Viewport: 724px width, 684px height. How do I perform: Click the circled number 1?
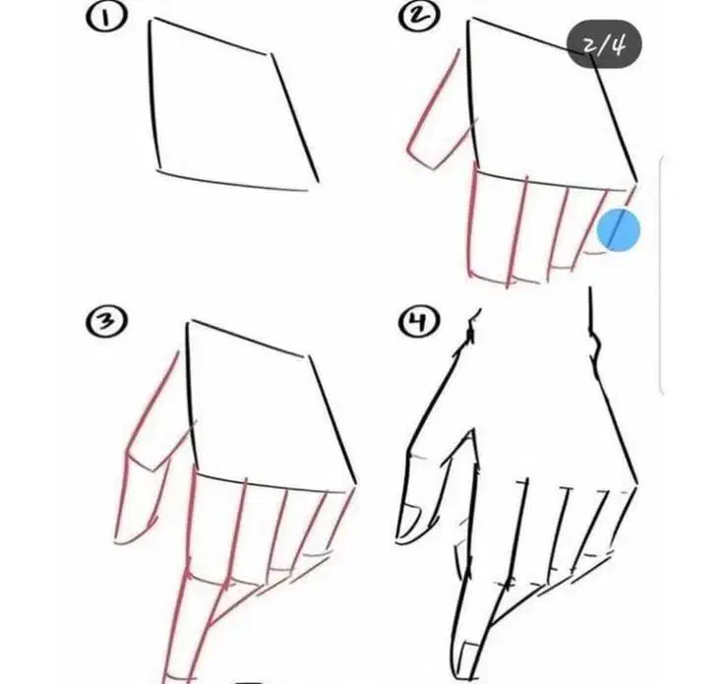105,18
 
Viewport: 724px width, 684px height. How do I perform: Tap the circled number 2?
419,17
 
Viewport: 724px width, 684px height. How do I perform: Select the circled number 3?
106,322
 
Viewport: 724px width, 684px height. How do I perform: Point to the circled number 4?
418,321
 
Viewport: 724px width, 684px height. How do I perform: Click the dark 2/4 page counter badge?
604,44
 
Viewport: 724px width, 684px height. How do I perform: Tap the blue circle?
619,229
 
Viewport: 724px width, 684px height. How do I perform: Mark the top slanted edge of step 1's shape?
211,36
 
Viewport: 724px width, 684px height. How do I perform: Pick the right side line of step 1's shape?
294,118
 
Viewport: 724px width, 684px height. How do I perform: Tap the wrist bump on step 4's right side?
596,344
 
